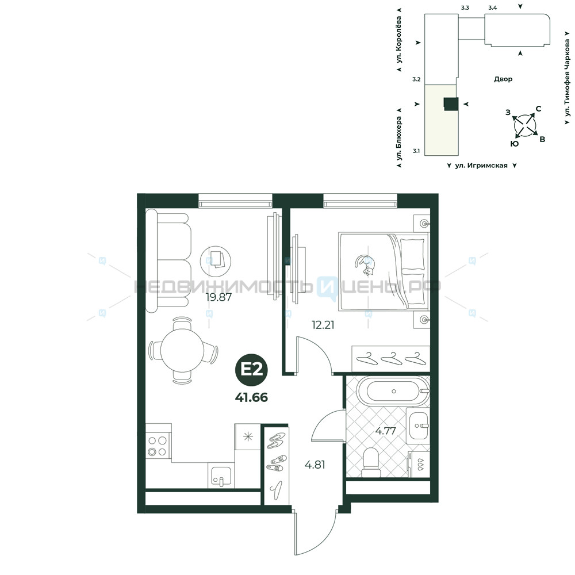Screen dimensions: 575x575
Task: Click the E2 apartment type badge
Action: pyautogui.click(x=252, y=370)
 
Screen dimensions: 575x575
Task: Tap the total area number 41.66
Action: pyautogui.click(x=252, y=397)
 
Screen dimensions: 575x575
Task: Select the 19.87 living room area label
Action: pyautogui.click(x=219, y=297)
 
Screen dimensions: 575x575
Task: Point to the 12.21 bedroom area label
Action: pyautogui.click(x=323, y=325)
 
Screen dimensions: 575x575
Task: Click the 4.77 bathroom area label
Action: pyautogui.click(x=385, y=431)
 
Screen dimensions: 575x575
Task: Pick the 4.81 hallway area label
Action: pyautogui.click(x=315, y=465)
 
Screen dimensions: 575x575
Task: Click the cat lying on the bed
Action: pyautogui.click(x=364, y=264)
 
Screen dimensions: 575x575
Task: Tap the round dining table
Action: pyautogui.click(x=182, y=350)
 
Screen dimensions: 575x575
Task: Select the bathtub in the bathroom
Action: pyautogui.click(x=393, y=391)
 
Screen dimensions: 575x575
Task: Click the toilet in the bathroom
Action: pyautogui.click(x=371, y=463)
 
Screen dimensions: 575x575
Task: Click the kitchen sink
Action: pyautogui.click(x=221, y=476)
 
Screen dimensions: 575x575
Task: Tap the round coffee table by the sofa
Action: pyautogui.click(x=216, y=262)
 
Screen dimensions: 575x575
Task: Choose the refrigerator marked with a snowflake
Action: pyautogui.click(x=247, y=437)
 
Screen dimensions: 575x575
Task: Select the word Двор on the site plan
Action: pyautogui.click(x=503, y=79)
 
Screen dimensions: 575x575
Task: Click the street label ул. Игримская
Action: pyautogui.click(x=481, y=166)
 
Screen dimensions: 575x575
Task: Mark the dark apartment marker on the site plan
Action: pyautogui.click(x=451, y=104)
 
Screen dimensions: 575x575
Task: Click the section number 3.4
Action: pyautogui.click(x=493, y=7)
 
